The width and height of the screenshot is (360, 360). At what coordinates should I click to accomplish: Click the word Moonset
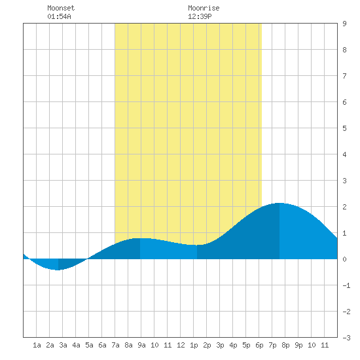pyautogui.click(x=61, y=8)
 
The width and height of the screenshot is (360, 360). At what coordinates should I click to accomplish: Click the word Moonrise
pyautogui.click(x=204, y=8)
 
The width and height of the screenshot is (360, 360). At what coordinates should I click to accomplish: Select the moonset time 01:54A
pyautogui.click(x=59, y=16)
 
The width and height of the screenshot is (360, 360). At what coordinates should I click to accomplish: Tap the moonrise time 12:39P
pyautogui.click(x=200, y=16)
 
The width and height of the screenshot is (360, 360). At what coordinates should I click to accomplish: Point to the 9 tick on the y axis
pyautogui.click(x=344, y=24)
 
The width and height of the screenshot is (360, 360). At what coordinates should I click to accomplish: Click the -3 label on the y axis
pyautogui.click(x=346, y=338)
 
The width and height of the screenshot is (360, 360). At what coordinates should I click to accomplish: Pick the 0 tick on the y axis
pyautogui.click(x=344, y=259)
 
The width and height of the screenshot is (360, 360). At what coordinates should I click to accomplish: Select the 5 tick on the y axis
pyautogui.click(x=344, y=128)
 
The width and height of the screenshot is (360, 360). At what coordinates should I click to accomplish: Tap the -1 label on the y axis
pyautogui.click(x=346, y=285)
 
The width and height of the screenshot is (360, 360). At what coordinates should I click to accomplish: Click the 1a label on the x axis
pyautogui.click(x=37, y=345)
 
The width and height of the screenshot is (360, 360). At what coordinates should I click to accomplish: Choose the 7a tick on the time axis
pyautogui.click(x=115, y=345)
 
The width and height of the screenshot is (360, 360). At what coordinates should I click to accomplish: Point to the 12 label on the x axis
pyautogui.click(x=181, y=345)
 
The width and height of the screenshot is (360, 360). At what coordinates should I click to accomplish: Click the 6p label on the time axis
pyautogui.click(x=259, y=345)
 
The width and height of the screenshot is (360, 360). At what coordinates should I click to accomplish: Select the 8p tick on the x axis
pyautogui.click(x=285, y=345)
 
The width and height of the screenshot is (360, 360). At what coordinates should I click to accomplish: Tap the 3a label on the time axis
pyautogui.click(x=63, y=345)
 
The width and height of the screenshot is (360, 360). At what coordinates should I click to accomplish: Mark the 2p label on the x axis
pyautogui.click(x=207, y=345)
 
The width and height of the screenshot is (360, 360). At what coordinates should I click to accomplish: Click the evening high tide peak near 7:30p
pyautogui.click(x=279, y=203)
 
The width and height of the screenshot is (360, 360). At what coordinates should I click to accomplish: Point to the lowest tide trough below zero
pyautogui.click(x=58, y=270)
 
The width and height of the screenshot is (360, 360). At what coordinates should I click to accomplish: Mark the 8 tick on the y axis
pyautogui.click(x=344, y=50)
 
